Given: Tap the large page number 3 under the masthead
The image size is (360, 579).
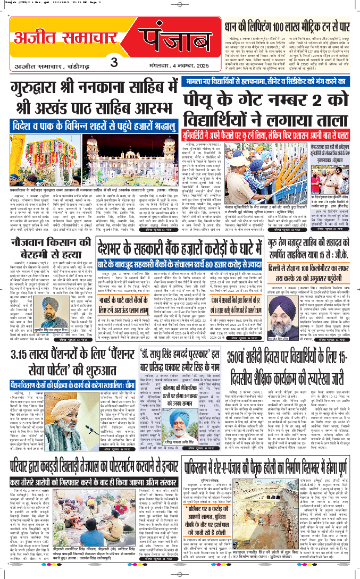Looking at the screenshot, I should [113, 61].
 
